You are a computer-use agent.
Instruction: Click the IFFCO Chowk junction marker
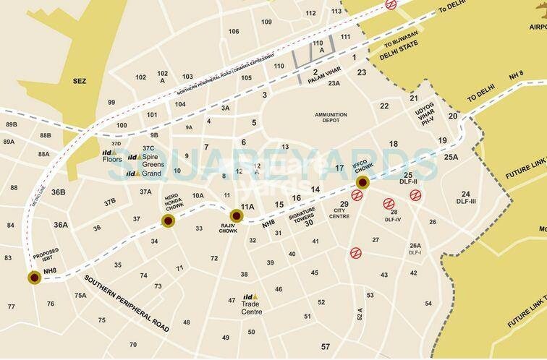[x=362, y=181]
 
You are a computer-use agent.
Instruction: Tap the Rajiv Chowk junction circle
[x=236, y=215]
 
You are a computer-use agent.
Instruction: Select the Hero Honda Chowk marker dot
[x=167, y=222]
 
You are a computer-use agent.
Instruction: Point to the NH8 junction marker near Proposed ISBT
[x=33, y=276]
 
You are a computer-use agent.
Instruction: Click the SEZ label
[x=79, y=81]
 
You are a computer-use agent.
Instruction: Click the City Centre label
[x=344, y=214]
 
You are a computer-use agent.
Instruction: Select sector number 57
[x=325, y=346]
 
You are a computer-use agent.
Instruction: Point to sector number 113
[x=336, y=12]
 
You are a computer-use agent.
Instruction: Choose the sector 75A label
[x=80, y=294]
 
